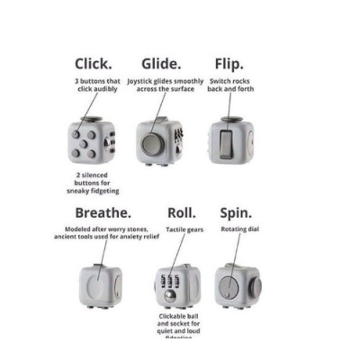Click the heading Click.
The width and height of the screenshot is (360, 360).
[94, 64]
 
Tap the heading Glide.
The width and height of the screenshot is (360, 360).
[161, 64]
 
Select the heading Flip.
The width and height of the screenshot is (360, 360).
[229, 64]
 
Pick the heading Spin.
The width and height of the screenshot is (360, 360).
[236, 213]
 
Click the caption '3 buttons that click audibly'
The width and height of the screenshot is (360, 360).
[97, 85]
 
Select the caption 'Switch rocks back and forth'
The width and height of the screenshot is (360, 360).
[231, 85]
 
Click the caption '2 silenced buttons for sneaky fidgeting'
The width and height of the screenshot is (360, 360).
[93, 183]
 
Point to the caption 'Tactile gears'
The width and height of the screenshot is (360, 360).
[184, 229]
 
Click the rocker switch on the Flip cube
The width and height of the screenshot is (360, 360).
[227, 142]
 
